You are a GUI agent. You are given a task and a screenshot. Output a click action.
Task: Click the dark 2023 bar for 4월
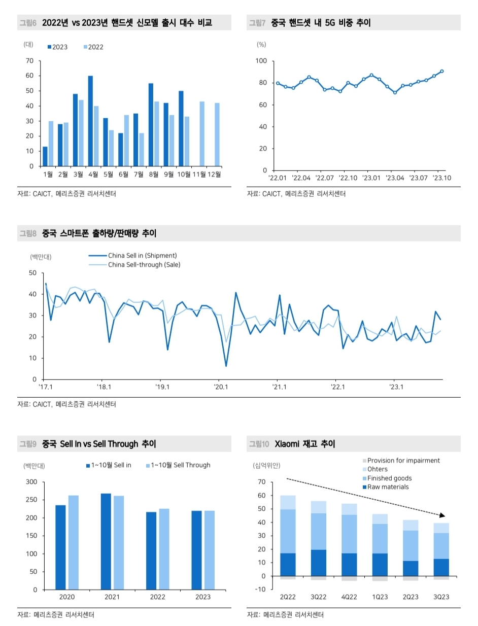coord(90,121)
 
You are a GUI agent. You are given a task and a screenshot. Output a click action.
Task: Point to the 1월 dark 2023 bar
coord(45,156)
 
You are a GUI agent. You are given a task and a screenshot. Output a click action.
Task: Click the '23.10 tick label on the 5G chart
coord(441,178)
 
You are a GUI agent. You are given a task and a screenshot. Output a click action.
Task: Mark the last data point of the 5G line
coord(442,71)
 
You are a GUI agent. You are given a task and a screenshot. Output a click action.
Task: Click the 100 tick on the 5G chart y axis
coord(261,61)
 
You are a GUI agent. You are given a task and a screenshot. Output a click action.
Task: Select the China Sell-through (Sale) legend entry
coord(144,265)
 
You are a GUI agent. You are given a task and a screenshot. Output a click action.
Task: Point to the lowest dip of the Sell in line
coord(226,366)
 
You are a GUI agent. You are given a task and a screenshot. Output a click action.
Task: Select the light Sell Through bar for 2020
coord(74,542)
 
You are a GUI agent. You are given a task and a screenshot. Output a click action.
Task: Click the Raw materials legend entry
coord(388,487)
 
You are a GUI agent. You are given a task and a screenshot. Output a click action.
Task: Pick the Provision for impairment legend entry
coord(403,461)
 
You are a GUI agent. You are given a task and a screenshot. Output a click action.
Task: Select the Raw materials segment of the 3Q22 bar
coord(318,563)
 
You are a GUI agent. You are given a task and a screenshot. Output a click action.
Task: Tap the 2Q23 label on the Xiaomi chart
coord(411,597)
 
